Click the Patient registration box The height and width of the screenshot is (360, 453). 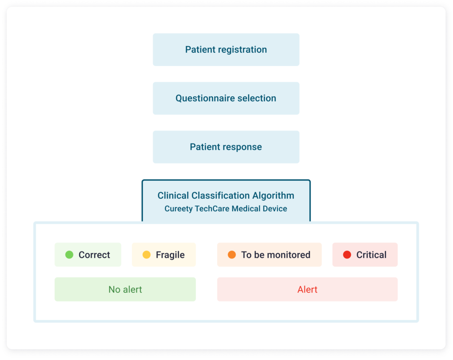pos(226,50)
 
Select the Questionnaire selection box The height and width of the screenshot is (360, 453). pos(226,98)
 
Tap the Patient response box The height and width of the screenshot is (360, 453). pos(226,147)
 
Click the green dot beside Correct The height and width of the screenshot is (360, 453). pos(69,255)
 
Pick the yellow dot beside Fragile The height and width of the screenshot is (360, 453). pos(146,255)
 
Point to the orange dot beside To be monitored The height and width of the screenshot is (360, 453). pos(232,255)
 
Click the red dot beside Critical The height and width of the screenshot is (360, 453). pos(347,255)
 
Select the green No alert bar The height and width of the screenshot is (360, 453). pos(125,290)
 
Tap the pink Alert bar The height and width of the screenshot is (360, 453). pos(307,290)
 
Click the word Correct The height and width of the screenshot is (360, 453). pos(94,255)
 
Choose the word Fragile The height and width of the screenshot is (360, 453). pos(170,255)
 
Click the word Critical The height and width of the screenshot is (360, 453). pos(371,255)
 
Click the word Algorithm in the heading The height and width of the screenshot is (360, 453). pos(273,196)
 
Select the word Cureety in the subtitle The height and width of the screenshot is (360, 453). pos(178,209)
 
